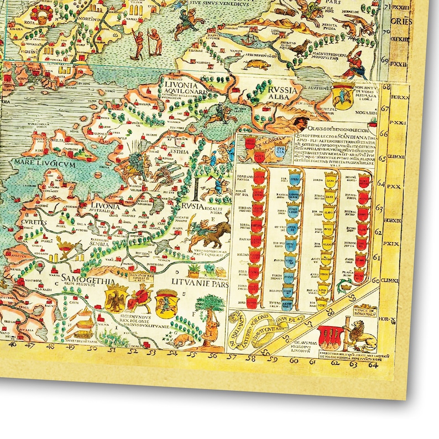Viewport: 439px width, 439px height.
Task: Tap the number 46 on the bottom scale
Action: click(x=13, y=343)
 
